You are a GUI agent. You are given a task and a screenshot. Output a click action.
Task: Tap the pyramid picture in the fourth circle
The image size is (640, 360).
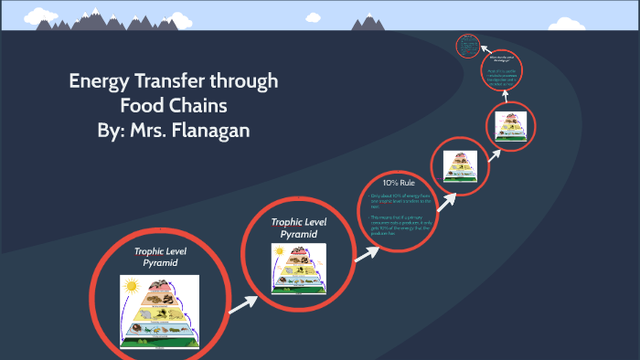click(x=459, y=165)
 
